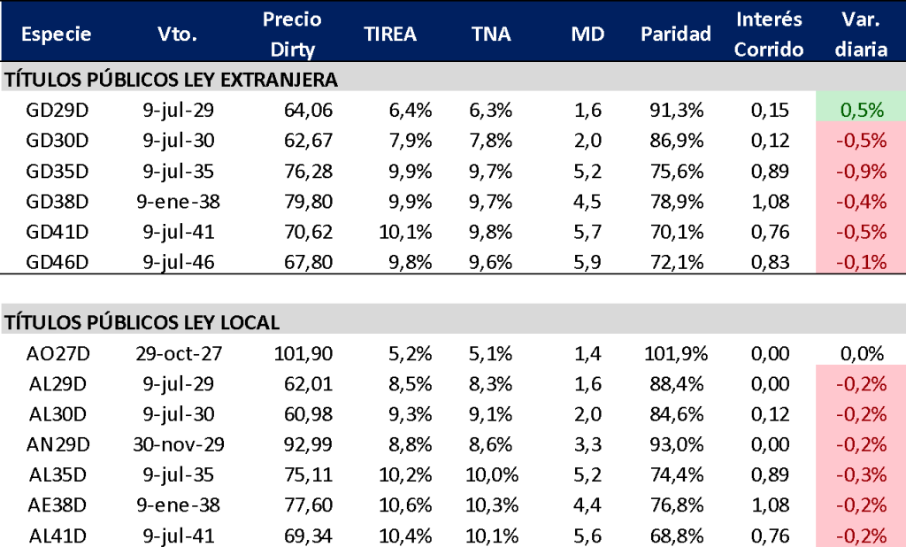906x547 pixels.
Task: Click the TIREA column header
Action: [x=390, y=34]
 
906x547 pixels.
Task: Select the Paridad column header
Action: [x=676, y=34]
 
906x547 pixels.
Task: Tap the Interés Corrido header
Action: [x=769, y=34]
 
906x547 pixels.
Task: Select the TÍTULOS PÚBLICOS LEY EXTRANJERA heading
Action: [x=172, y=80]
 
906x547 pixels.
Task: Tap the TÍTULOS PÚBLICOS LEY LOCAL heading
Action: [x=142, y=322]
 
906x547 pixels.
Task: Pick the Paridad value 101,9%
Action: [x=676, y=353]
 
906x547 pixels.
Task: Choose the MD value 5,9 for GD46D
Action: [x=587, y=262]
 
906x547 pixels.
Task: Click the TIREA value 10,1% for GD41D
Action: [x=408, y=232]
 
